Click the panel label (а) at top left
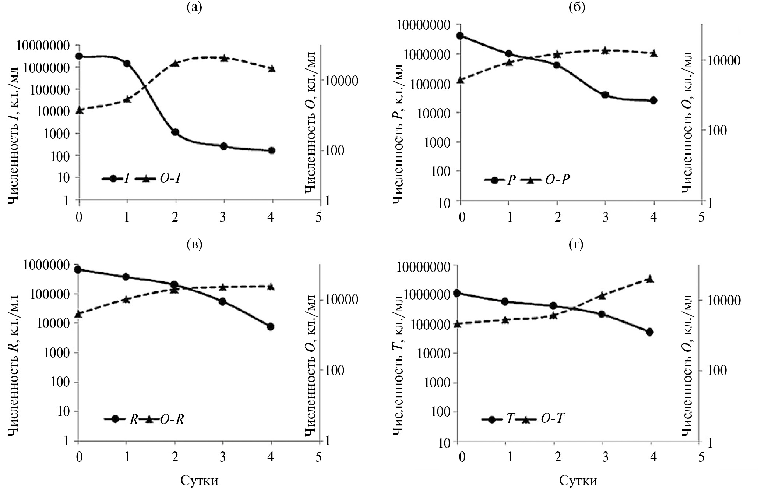(194, 8)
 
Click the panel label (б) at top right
(577, 8)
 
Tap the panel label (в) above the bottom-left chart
(194, 245)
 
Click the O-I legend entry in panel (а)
(170, 178)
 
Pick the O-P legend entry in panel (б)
(557, 180)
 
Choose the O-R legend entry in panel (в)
(172, 419)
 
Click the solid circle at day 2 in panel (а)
(175, 132)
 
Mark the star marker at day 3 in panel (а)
(223, 58)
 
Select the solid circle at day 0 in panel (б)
(460, 36)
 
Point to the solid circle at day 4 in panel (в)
(271, 326)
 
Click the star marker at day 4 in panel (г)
(650, 279)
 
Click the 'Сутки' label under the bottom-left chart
(199, 480)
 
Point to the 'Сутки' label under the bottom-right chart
(578, 480)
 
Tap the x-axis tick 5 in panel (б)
(701, 217)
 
